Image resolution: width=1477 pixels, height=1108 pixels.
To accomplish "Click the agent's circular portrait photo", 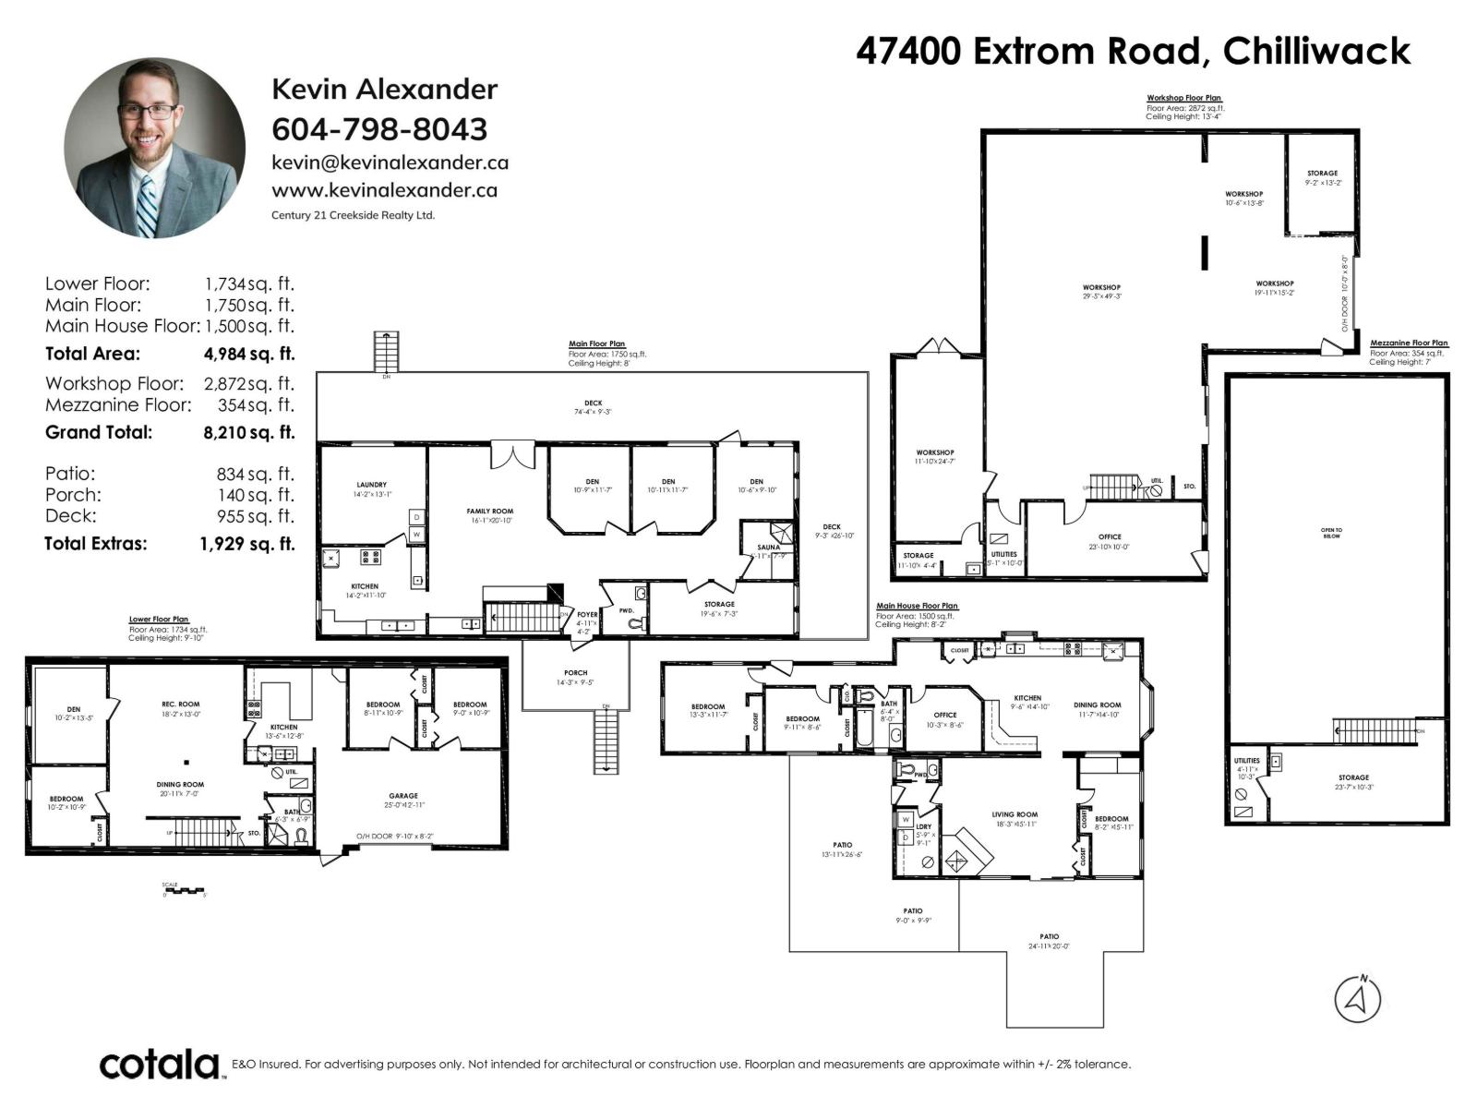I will click(x=154, y=149).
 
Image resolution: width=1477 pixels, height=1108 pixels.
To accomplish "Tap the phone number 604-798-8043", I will click(x=378, y=128).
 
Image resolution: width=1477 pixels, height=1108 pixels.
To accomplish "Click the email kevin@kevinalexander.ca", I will click(x=390, y=163).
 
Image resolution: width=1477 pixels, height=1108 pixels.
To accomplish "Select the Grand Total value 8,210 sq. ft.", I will click(x=248, y=432).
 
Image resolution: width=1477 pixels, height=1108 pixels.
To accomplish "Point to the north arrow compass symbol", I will click(x=1357, y=998).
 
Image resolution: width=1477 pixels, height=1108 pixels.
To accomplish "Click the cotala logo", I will click(x=160, y=1065).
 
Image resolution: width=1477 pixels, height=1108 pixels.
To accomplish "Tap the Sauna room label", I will click(x=768, y=548).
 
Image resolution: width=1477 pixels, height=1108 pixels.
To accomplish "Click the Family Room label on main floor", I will click(x=489, y=512).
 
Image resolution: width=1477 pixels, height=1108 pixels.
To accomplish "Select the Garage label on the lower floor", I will click(x=403, y=796).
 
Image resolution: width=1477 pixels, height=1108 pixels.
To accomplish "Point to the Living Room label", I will click(x=1015, y=815).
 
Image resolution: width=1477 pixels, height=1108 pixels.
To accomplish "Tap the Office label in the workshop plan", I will click(x=1110, y=537).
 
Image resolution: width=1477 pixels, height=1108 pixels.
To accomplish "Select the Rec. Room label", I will click(x=181, y=705).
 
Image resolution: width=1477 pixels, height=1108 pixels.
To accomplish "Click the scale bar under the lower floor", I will click(x=185, y=891).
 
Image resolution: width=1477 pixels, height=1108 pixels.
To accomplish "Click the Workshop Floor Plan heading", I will click(x=1183, y=98).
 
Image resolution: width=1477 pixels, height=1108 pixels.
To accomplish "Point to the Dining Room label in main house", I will click(x=1097, y=705).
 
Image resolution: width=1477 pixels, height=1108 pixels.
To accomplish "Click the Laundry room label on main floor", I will click(x=371, y=485).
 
